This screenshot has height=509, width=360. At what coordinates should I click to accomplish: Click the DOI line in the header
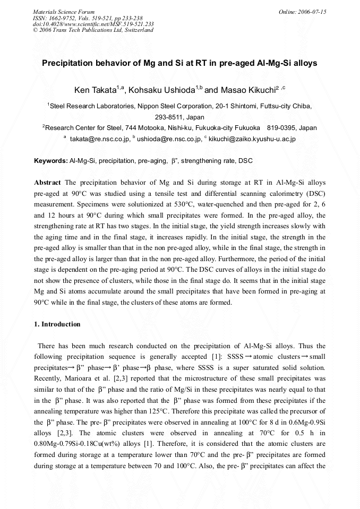(93, 24)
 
